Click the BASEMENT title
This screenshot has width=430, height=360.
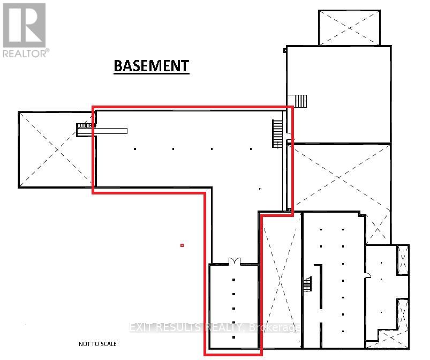(151, 65)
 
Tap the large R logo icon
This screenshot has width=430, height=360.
(24, 25)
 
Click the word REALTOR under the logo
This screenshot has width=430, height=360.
(25, 52)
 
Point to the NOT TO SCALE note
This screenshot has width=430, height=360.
(97, 344)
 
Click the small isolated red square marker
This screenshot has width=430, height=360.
(182, 245)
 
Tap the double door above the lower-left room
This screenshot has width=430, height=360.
(234, 261)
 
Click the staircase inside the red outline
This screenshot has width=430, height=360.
(277, 133)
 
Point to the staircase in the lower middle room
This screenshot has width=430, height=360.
(308, 284)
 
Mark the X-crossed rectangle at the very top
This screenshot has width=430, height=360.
(349, 27)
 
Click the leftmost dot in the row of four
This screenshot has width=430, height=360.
(135, 149)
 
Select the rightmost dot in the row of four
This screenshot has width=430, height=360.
(250, 149)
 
